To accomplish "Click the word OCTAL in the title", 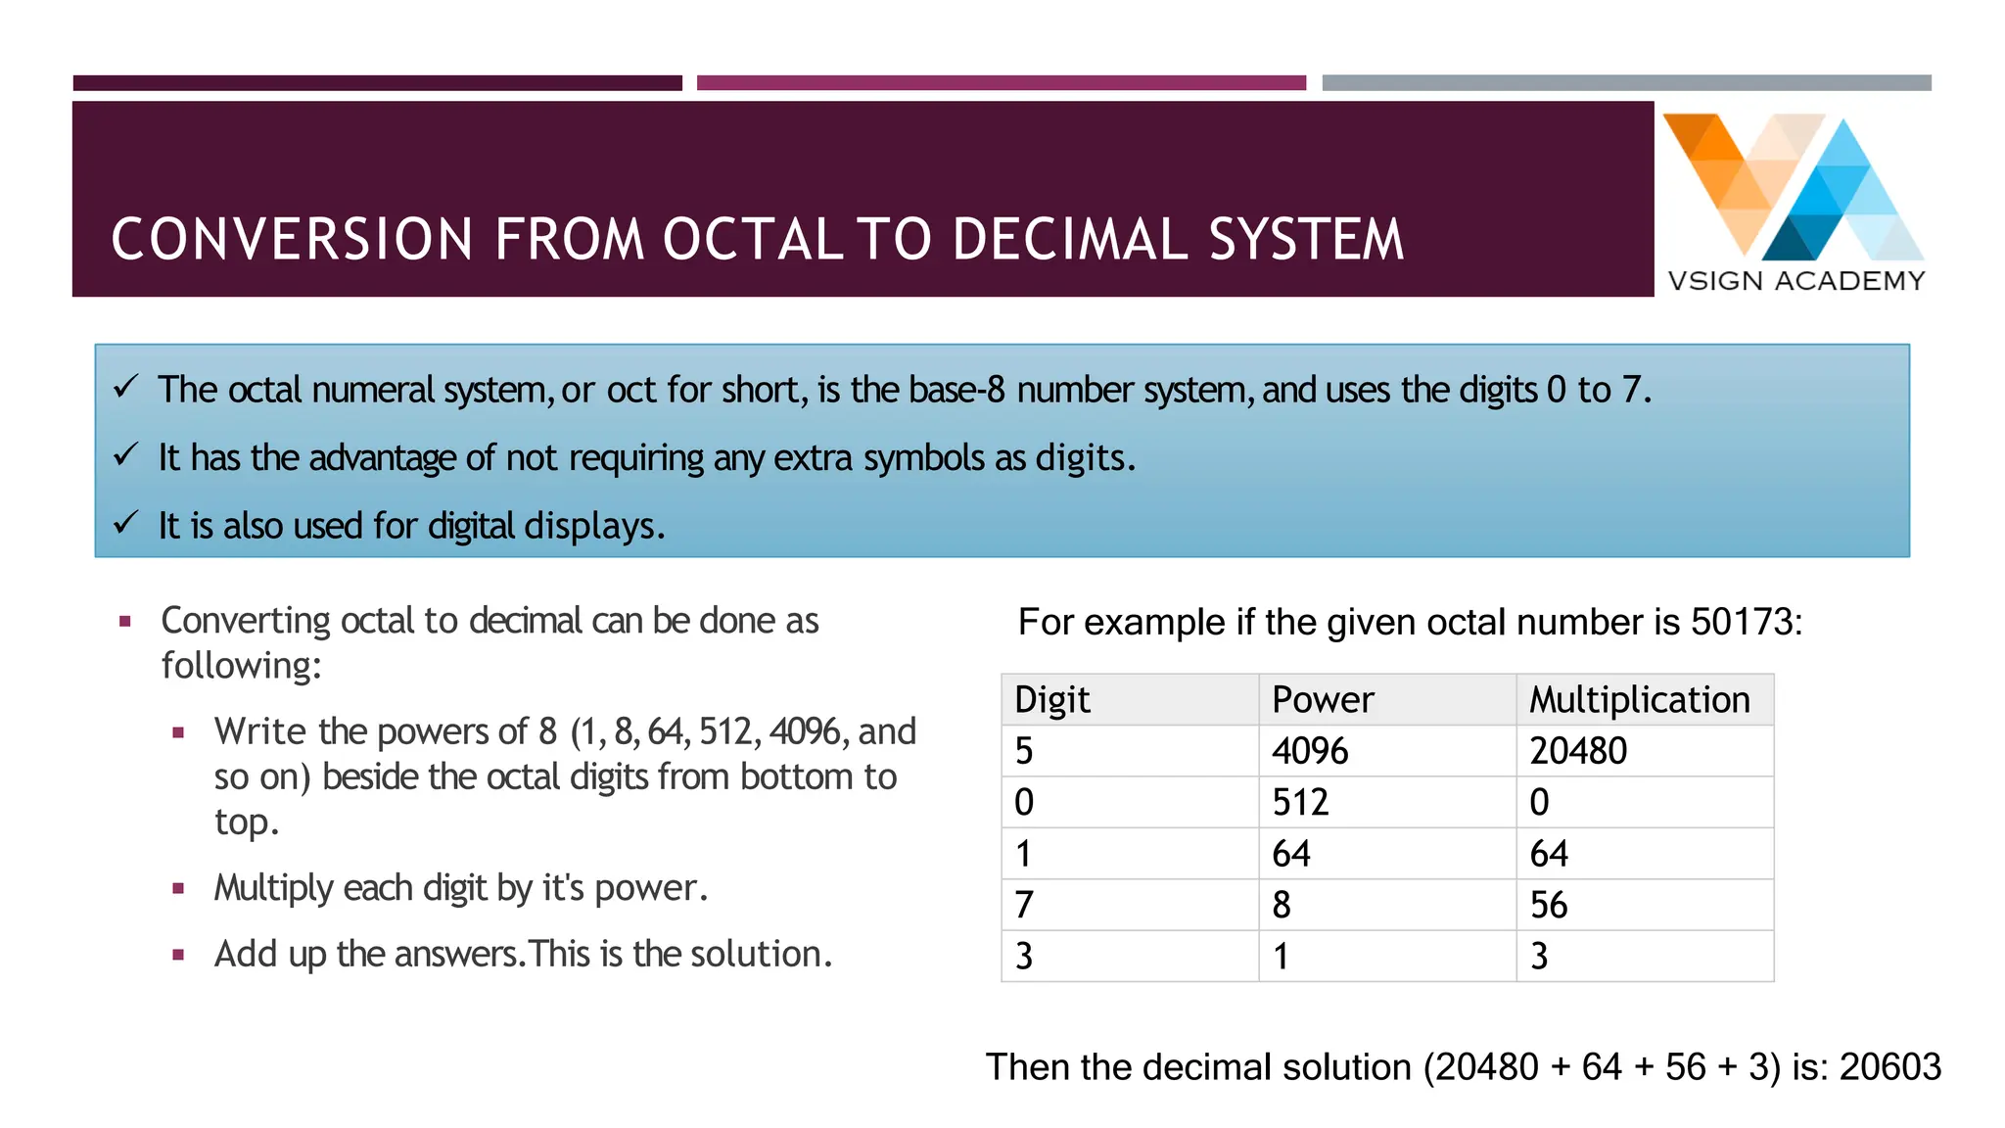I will (753, 240).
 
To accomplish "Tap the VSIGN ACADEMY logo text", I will (1796, 281).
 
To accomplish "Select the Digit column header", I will (1052, 700).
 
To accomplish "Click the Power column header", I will (1323, 700).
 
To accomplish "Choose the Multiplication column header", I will (1640, 700).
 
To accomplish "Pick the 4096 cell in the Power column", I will (1310, 751).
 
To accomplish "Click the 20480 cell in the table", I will (1578, 751).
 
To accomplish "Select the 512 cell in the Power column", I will (1300, 803).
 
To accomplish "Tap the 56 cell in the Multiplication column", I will (1549, 905).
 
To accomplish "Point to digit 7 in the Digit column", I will (1024, 905).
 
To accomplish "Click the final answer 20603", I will (1889, 1067).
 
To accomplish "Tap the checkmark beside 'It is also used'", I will (125, 523).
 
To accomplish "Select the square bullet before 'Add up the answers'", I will (178, 955).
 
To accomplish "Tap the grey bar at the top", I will (1626, 83).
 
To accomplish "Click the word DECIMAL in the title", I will (1070, 240).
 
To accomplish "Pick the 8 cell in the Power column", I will (1282, 905).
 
